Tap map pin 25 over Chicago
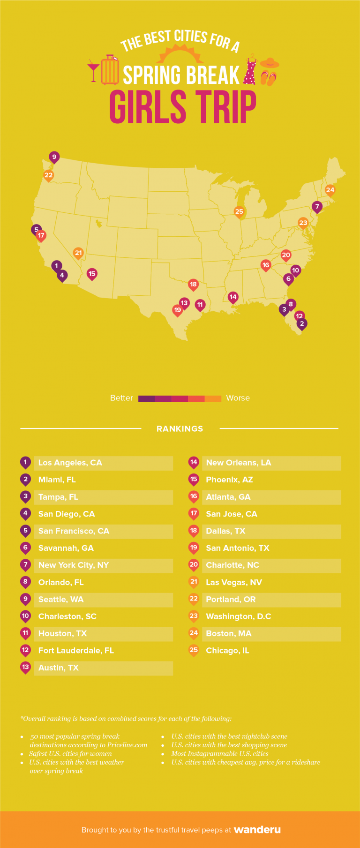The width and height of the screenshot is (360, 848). [x=239, y=212]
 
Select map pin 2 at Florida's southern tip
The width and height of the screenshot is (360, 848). [x=302, y=324]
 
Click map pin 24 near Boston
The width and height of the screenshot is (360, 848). [x=330, y=190]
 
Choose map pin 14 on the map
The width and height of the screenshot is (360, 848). [x=233, y=297]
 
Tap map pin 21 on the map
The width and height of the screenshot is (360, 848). [x=78, y=253]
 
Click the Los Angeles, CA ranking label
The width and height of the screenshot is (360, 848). [x=70, y=463]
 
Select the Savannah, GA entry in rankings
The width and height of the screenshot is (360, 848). [x=66, y=548]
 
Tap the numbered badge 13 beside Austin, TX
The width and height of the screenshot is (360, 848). [x=25, y=668]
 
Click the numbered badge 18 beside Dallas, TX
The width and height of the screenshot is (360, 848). [x=194, y=531]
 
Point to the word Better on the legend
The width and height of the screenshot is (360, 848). [x=121, y=398]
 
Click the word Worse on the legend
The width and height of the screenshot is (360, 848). [x=238, y=398]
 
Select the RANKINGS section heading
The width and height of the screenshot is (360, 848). [x=180, y=429]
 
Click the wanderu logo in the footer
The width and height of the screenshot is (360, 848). [x=257, y=830]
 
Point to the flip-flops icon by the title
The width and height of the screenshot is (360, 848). [x=268, y=78]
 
